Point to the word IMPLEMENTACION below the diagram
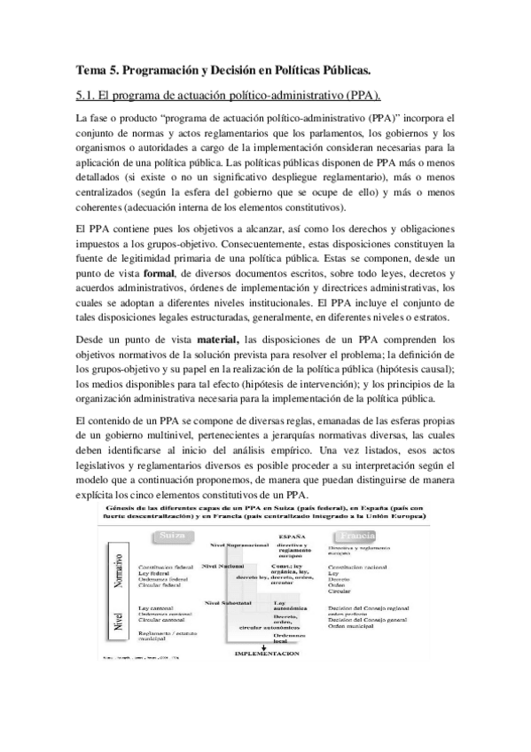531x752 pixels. click(x=265, y=653)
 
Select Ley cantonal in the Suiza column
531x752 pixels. click(x=157, y=607)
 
